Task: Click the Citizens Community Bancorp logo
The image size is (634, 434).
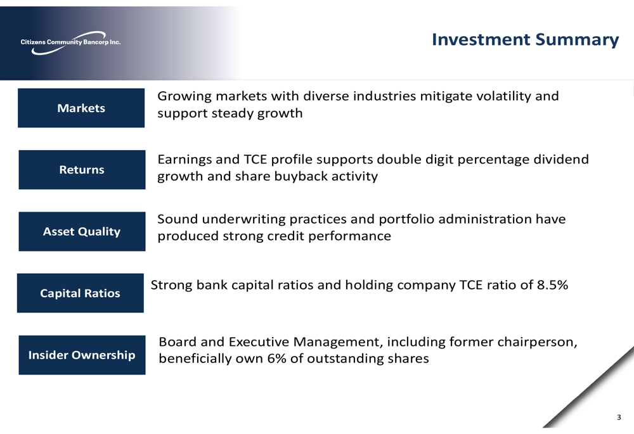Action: point(71,42)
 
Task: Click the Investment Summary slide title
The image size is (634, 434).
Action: point(525,40)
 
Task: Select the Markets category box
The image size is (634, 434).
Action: point(81,108)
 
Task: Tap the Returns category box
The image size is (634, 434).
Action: point(82,170)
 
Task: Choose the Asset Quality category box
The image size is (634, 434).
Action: point(82,231)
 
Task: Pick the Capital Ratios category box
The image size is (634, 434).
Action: point(81,293)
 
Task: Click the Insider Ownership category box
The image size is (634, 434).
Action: point(82,355)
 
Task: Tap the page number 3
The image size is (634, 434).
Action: point(619,417)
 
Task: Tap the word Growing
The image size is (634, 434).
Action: point(184,96)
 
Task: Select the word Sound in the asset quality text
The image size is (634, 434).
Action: point(178,219)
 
